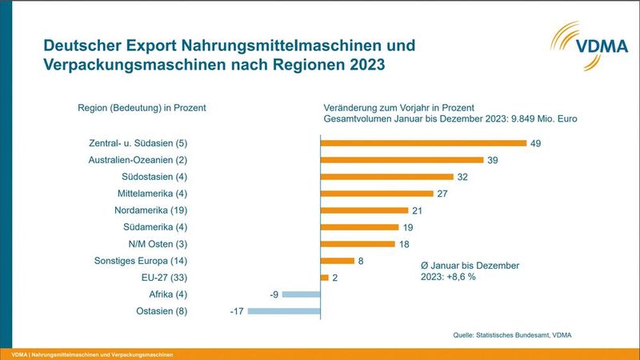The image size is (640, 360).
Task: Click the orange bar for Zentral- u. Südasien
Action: pyautogui.click(x=423, y=143)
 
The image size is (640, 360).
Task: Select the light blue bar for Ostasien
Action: pyautogui.click(x=284, y=310)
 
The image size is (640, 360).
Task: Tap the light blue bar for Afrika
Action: pyautogui.click(x=301, y=294)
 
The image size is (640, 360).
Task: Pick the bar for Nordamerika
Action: pyautogui.click(x=364, y=210)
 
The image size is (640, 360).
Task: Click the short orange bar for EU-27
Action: pyautogui.click(x=324, y=278)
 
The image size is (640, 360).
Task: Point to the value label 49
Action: pyautogui.click(x=538, y=143)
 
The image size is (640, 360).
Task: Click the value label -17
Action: pyautogui.click(x=236, y=310)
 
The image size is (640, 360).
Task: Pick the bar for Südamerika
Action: pyautogui.click(x=360, y=227)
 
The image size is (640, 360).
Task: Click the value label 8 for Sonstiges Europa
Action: pyautogui.click(x=361, y=261)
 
